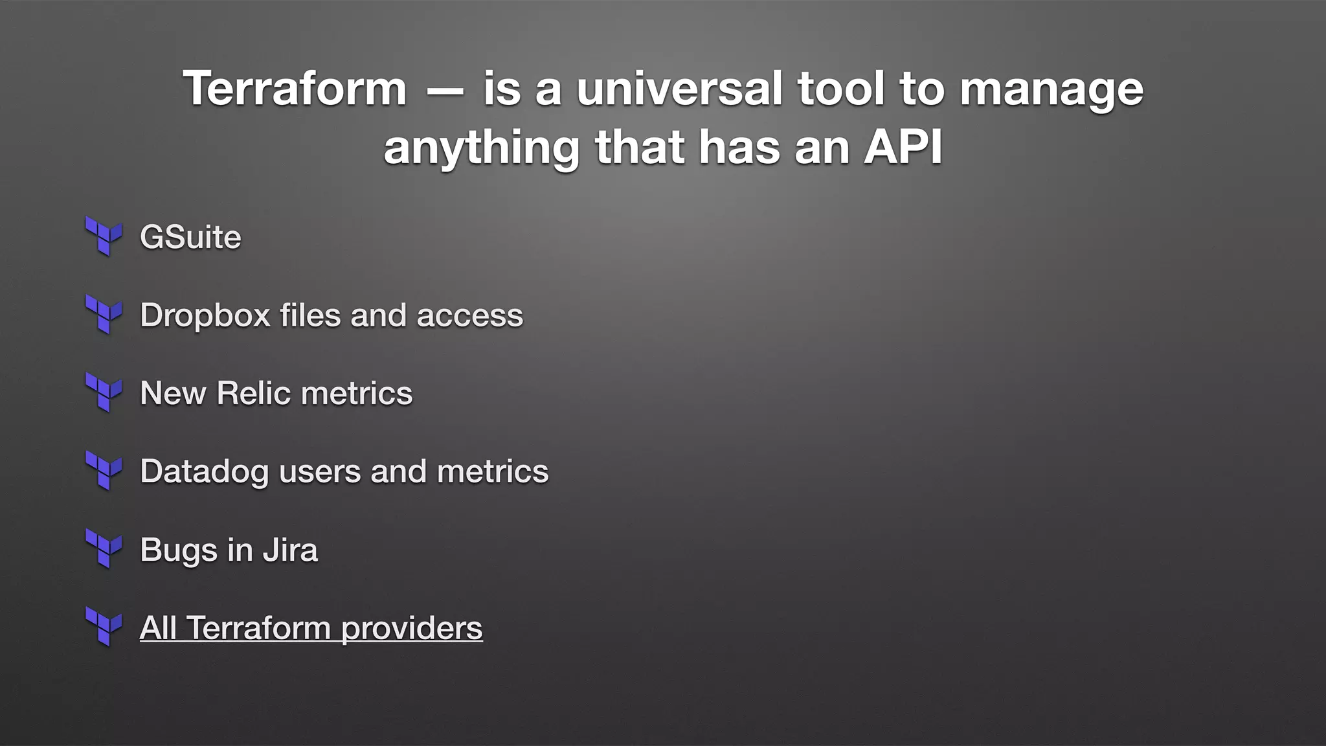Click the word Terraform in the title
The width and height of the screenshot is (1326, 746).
point(295,89)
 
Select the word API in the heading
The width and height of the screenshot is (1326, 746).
point(903,148)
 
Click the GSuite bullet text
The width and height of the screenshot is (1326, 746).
point(190,237)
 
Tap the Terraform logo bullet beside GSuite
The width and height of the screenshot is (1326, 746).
point(104,236)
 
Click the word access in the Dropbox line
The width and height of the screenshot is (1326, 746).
point(469,316)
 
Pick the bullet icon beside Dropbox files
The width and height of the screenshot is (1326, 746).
point(104,315)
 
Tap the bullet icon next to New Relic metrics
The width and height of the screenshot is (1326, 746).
point(104,392)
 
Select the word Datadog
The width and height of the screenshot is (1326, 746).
point(204,472)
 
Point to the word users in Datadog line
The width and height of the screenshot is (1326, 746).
point(320,471)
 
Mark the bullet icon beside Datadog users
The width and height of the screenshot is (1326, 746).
point(104,471)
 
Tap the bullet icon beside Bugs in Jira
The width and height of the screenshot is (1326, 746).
point(104,549)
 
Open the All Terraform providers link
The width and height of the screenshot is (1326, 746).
point(311,628)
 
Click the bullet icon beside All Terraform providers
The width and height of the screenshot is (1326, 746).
point(104,627)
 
